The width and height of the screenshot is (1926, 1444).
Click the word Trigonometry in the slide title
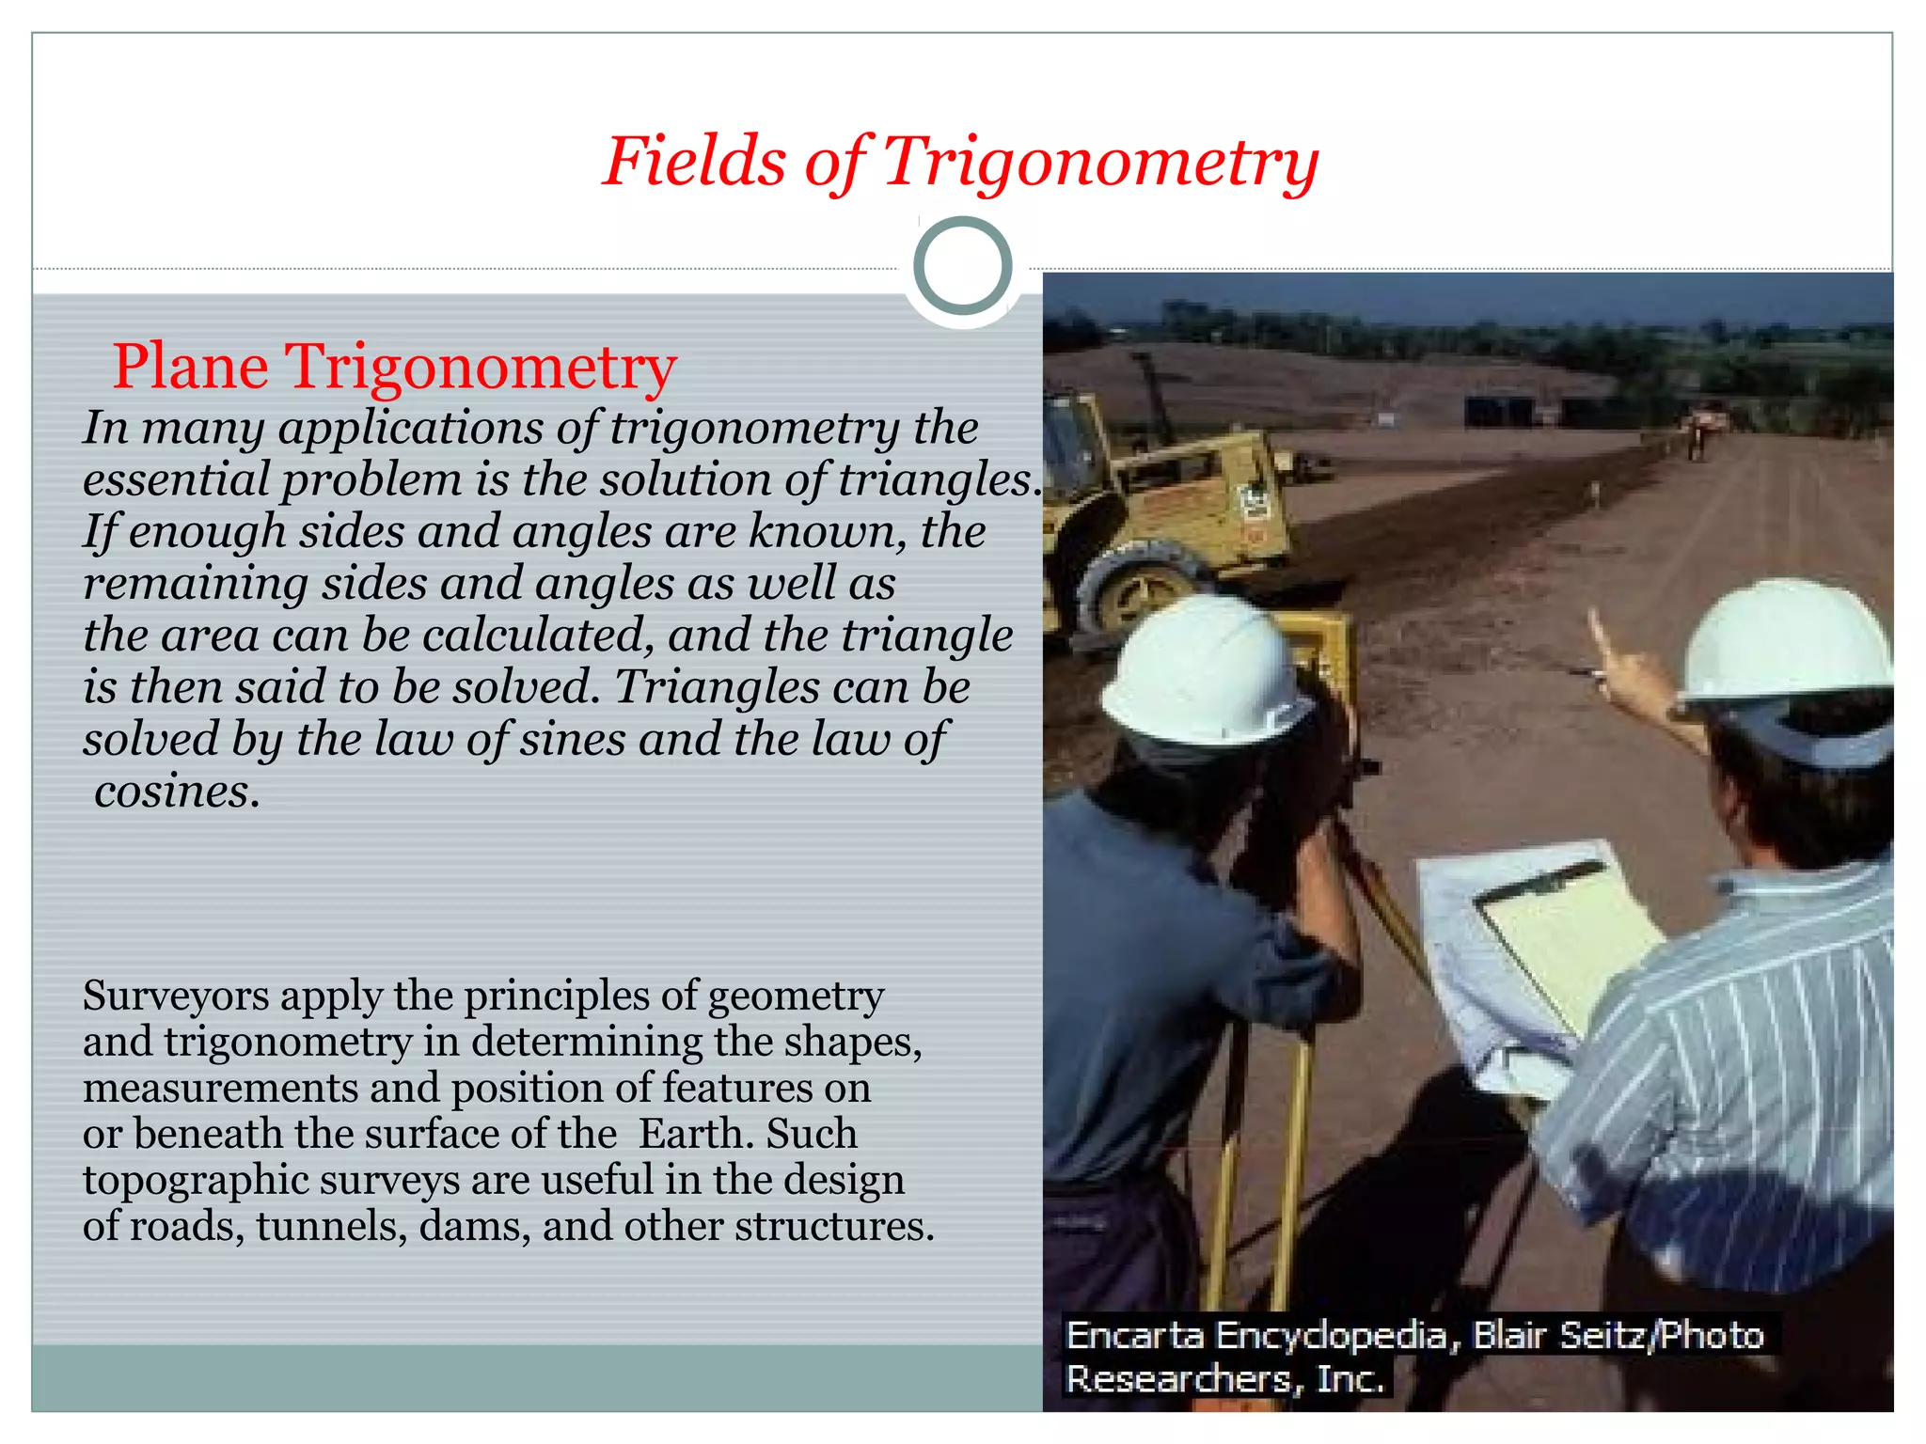(1100, 162)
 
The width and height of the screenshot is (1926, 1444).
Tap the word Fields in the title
(693, 162)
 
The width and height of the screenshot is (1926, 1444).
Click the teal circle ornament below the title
(962, 266)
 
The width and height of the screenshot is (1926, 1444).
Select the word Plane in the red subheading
(190, 367)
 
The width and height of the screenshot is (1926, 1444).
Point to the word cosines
(176, 792)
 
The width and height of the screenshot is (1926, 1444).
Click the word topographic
(196, 1182)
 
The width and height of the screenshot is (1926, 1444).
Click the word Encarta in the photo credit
(1134, 1336)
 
